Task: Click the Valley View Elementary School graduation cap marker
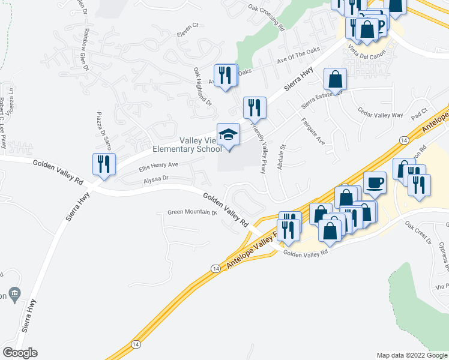click(x=228, y=135)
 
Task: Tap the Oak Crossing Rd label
click(x=265, y=17)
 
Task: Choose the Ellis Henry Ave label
click(x=159, y=165)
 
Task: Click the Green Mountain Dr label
click(x=191, y=212)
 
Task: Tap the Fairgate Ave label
click(x=313, y=131)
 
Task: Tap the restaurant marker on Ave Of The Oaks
click(x=226, y=75)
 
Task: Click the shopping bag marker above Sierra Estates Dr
click(x=335, y=79)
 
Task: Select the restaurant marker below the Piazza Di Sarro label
click(x=104, y=164)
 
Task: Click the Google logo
click(x=20, y=353)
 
